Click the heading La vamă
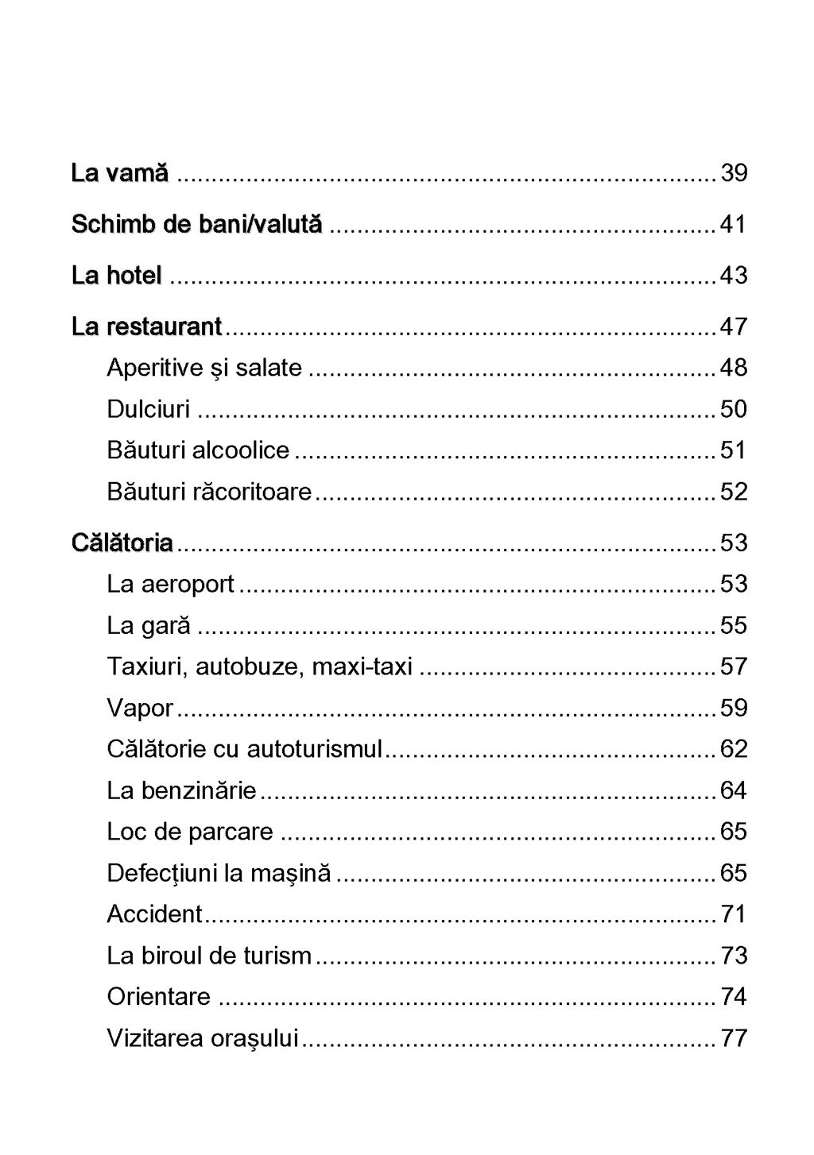click(x=120, y=173)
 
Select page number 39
click(x=733, y=173)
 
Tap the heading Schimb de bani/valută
click(x=196, y=225)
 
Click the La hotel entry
click(x=117, y=276)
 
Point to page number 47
click(x=733, y=326)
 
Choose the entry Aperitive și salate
click(x=204, y=368)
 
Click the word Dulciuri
click(x=149, y=409)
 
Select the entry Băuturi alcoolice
click(x=198, y=450)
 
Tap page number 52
click(x=733, y=492)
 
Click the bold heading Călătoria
click(x=122, y=543)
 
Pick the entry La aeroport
click(x=170, y=584)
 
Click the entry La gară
click(x=149, y=625)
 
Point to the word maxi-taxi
click(x=362, y=666)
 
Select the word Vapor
click(x=140, y=708)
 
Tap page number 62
click(x=733, y=749)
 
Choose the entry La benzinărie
click(x=181, y=790)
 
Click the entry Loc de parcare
click(x=190, y=832)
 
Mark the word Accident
click(x=155, y=914)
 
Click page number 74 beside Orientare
click(x=733, y=997)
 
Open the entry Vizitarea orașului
click(x=203, y=1038)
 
